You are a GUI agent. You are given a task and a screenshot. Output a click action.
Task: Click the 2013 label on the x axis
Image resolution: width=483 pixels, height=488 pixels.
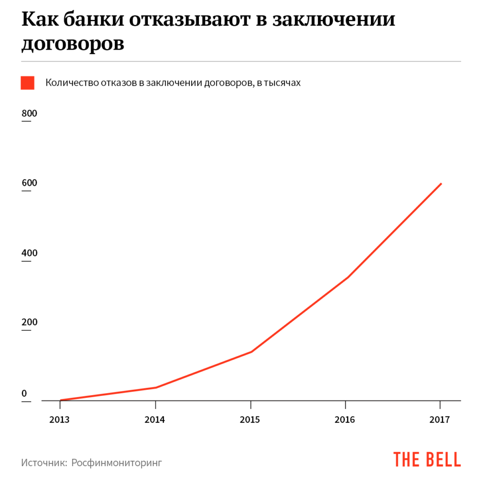point(60,420)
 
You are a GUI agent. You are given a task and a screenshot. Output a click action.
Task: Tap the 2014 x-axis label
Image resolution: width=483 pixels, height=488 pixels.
point(155,420)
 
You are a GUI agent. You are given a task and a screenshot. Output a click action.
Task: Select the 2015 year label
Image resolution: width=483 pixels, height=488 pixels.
point(250,420)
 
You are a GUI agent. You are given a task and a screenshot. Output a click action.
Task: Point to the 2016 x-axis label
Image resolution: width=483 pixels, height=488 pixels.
point(345,420)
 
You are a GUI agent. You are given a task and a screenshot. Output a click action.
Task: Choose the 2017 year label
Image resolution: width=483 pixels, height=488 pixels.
point(440,420)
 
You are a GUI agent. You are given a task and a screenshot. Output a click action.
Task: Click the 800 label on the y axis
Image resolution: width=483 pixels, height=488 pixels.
point(29,114)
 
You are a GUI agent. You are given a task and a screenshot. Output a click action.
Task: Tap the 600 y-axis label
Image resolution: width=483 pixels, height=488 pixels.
point(29,183)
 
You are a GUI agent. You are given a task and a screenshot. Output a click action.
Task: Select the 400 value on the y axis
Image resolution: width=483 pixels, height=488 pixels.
point(29,253)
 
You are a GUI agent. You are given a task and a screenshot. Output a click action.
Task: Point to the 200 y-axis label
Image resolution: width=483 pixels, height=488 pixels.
point(29,323)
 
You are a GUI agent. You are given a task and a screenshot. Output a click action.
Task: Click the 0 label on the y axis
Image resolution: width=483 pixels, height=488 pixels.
point(24,393)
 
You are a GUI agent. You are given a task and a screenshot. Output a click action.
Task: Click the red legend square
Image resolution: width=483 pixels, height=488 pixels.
point(28,82)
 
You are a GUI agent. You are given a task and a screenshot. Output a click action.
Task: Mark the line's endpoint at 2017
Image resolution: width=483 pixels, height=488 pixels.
point(441,183)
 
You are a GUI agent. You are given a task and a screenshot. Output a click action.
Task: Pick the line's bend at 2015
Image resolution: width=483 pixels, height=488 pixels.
point(251,352)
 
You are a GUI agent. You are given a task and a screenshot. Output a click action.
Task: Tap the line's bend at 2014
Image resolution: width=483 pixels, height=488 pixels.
point(156,387)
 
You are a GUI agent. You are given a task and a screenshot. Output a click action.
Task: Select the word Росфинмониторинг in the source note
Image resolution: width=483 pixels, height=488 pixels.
point(117,463)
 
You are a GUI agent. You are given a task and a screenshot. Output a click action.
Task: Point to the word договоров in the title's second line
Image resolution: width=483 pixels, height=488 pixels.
point(73,43)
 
